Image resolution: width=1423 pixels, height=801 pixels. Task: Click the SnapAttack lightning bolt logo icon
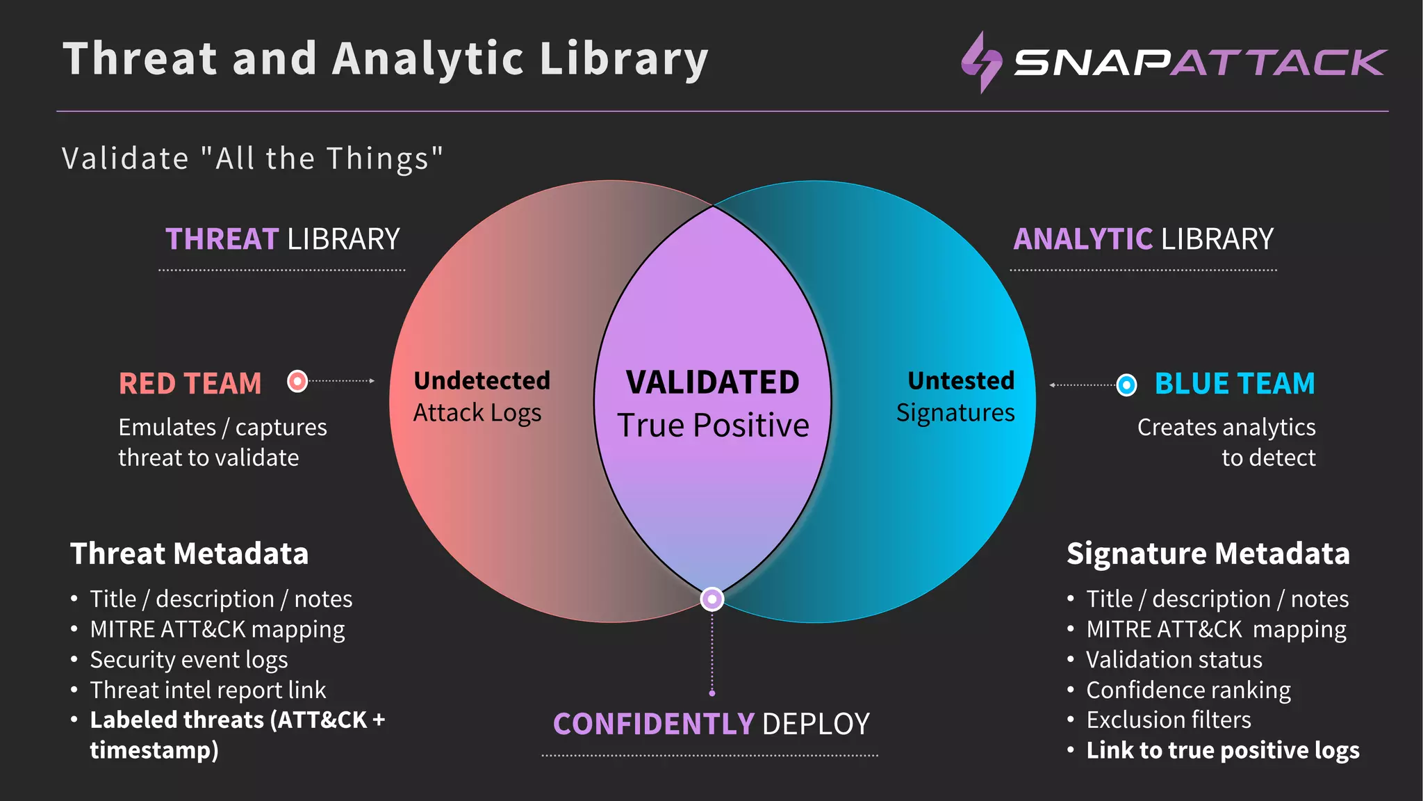pos(981,62)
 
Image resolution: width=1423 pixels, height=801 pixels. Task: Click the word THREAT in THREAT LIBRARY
pos(222,239)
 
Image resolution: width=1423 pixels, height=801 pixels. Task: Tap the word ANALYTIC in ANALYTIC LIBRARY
pos(1083,239)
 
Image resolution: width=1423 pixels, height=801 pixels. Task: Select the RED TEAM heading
pos(190,384)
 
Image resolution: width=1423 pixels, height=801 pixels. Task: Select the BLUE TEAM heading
pos(1234,384)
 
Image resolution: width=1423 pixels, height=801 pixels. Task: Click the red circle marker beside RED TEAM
pos(297,381)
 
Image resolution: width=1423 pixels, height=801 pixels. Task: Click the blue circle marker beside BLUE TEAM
pos(1126,385)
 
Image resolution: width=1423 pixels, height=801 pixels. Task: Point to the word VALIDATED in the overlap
pos(712,382)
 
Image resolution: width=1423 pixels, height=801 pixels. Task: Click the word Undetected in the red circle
pos(482,380)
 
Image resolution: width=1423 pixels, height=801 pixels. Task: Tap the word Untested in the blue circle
pos(961,380)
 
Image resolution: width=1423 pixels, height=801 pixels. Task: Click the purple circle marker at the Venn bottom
pos(711,599)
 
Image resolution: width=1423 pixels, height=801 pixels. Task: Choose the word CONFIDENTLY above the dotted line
pos(653,724)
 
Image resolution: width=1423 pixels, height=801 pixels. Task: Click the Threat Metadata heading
pos(189,553)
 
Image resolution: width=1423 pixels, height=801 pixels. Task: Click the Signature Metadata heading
pos(1208,553)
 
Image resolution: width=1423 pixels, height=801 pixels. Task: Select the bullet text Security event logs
pos(189,659)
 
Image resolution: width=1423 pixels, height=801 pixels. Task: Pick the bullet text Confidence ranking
pos(1188,690)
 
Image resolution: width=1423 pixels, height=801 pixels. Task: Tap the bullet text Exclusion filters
pos(1169,720)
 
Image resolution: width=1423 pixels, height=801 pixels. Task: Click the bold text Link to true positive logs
pos(1223,750)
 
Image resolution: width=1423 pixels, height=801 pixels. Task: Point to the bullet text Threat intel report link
pos(208,690)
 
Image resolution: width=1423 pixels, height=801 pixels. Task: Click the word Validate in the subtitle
pos(125,159)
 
